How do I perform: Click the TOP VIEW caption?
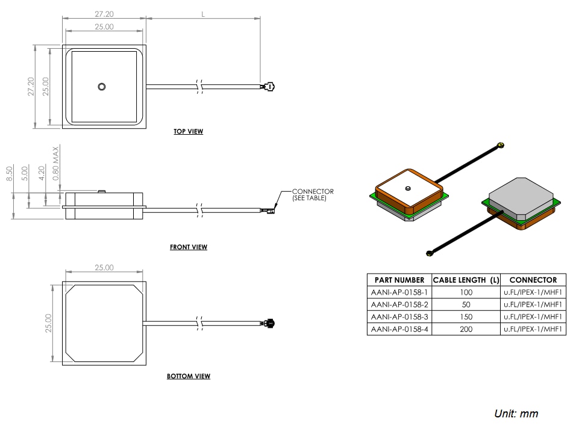188,131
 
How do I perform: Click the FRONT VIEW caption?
188,247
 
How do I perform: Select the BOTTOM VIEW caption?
188,376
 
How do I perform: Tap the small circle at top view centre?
102,87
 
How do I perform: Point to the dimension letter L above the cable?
204,14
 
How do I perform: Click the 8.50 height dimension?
9,174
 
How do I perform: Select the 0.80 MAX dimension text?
56,163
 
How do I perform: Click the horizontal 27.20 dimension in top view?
104,13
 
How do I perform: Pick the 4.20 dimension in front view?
42,174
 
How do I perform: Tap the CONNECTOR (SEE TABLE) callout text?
312,195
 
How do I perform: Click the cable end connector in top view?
268,87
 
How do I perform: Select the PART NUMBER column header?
399,280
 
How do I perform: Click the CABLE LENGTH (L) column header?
466,280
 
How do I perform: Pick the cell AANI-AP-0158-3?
399,317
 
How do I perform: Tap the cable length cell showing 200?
466,330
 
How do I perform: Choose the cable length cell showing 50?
466,304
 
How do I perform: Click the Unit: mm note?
516,413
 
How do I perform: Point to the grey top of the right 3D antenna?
521,196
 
